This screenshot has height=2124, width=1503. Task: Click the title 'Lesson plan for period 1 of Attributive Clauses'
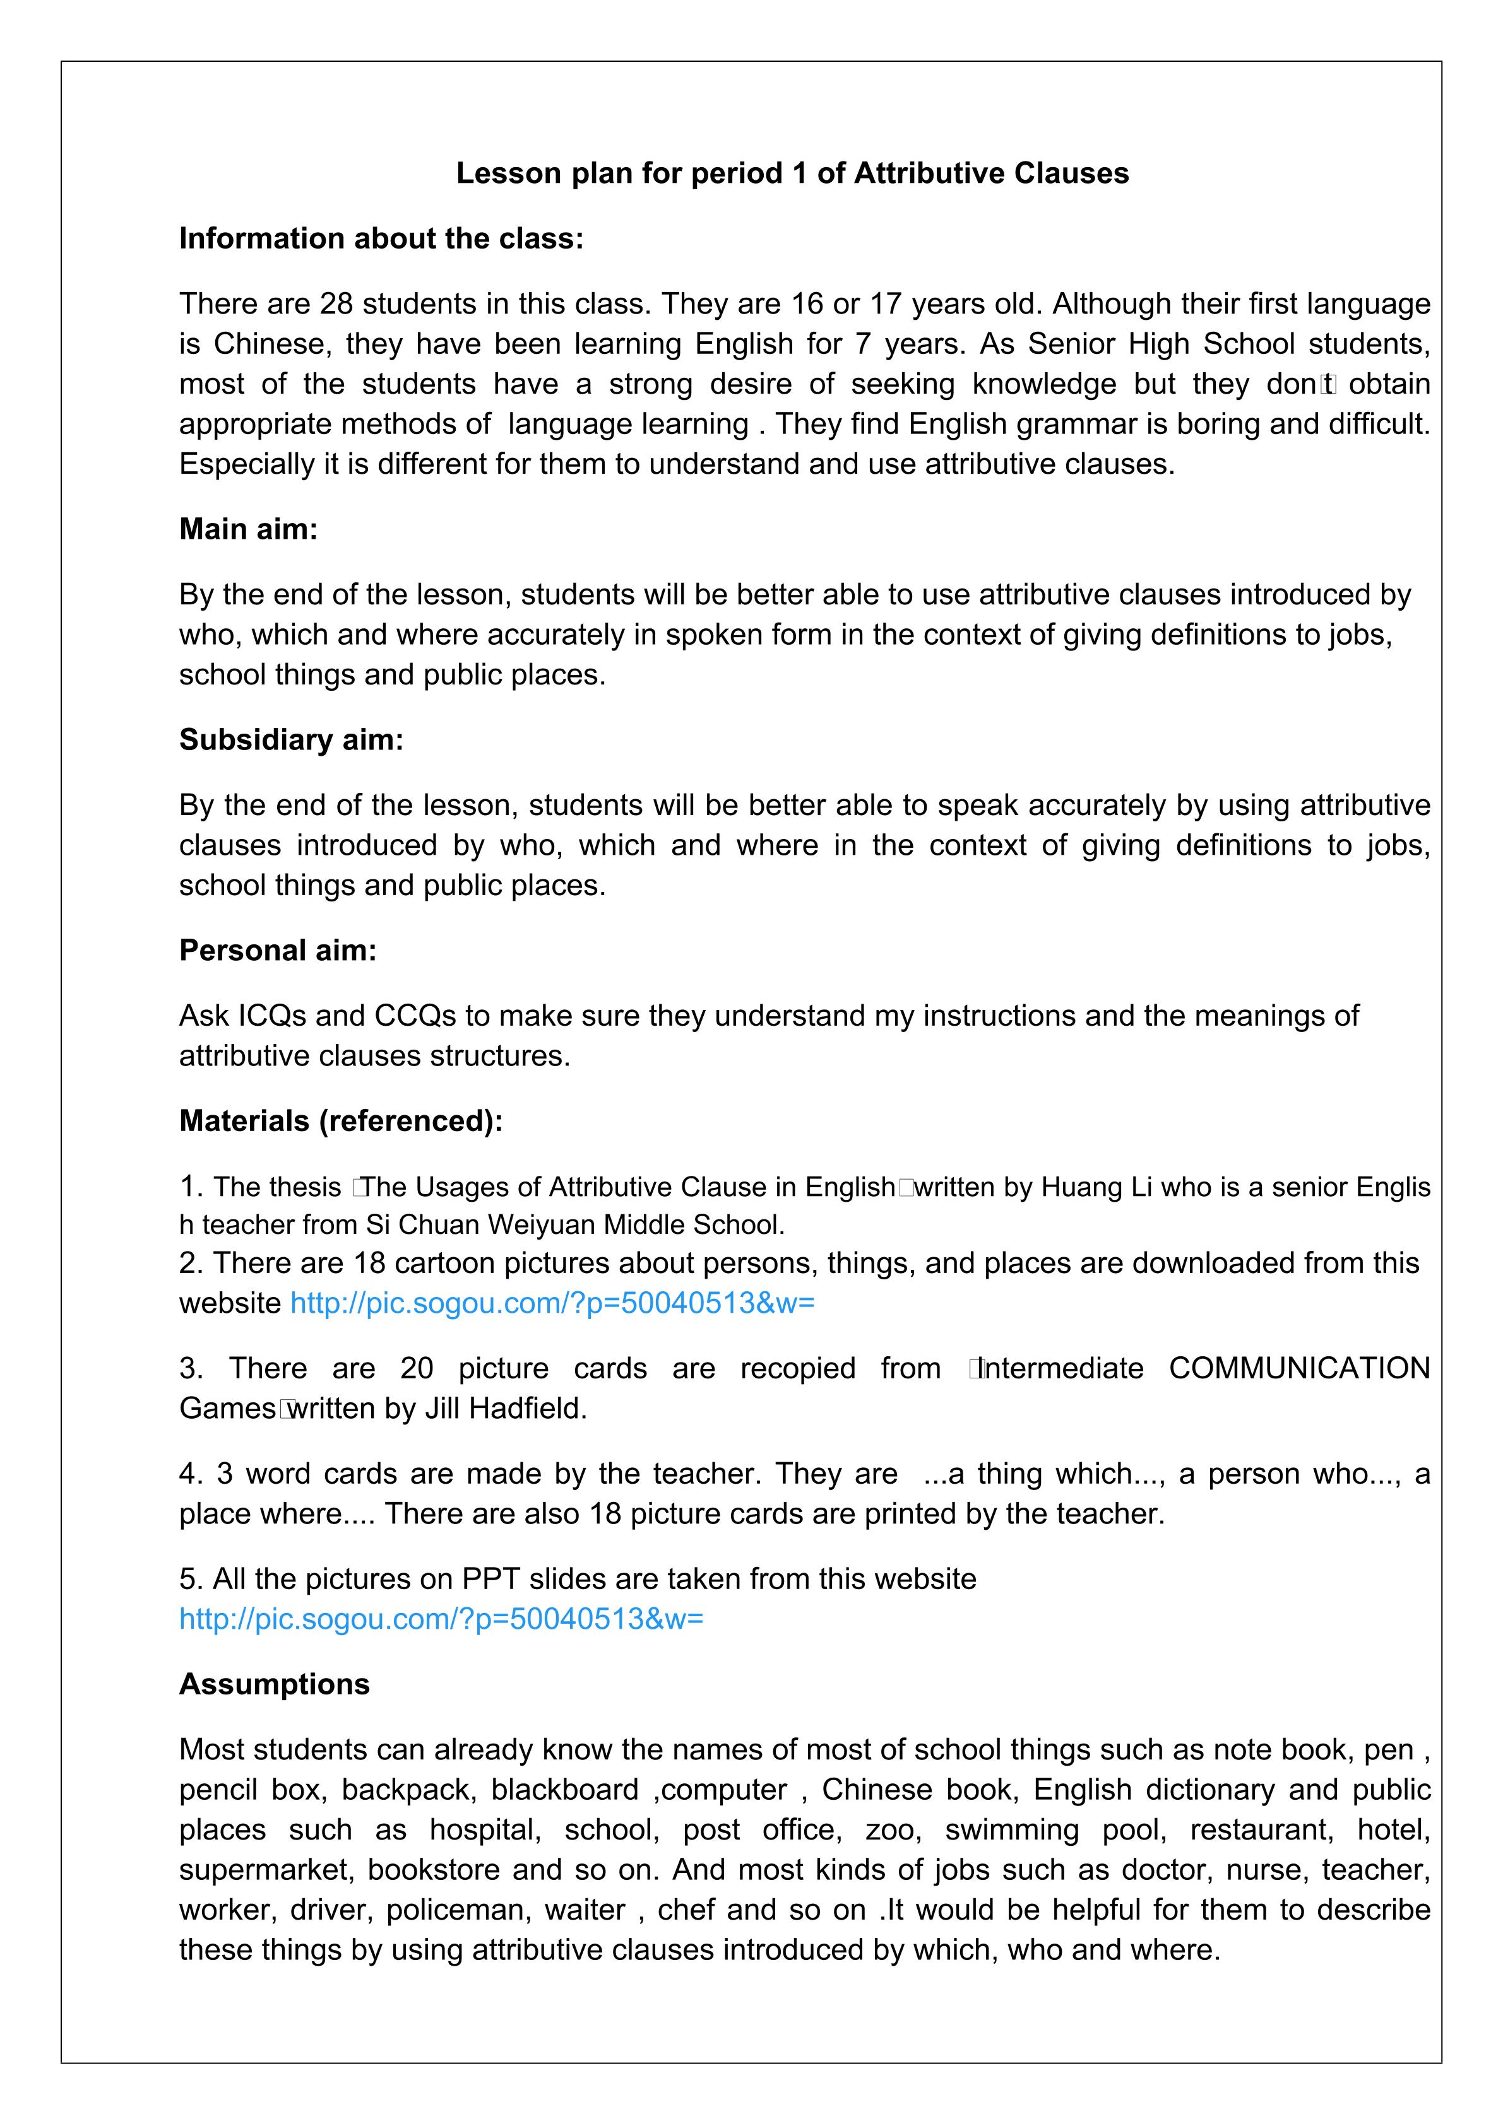(x=792, y=173)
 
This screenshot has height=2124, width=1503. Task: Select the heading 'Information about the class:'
(x=381, y=238)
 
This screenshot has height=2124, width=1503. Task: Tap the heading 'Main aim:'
(x=248, y=529)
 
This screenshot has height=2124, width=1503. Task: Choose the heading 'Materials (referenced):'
(x=341, y=1121)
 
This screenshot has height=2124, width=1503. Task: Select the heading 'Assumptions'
(x=274, y=1684)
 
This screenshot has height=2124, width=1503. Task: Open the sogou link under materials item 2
(x=552, y=1303)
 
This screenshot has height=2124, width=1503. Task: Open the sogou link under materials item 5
(x=441, y=1619)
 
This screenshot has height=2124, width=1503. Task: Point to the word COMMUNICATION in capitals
(x=1299, y=1368)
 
